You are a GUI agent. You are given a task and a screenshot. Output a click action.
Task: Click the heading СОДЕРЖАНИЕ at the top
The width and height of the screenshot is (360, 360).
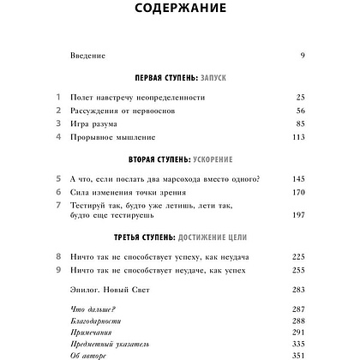(180, 10)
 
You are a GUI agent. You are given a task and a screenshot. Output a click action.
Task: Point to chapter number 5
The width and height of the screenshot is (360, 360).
(57, 179)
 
